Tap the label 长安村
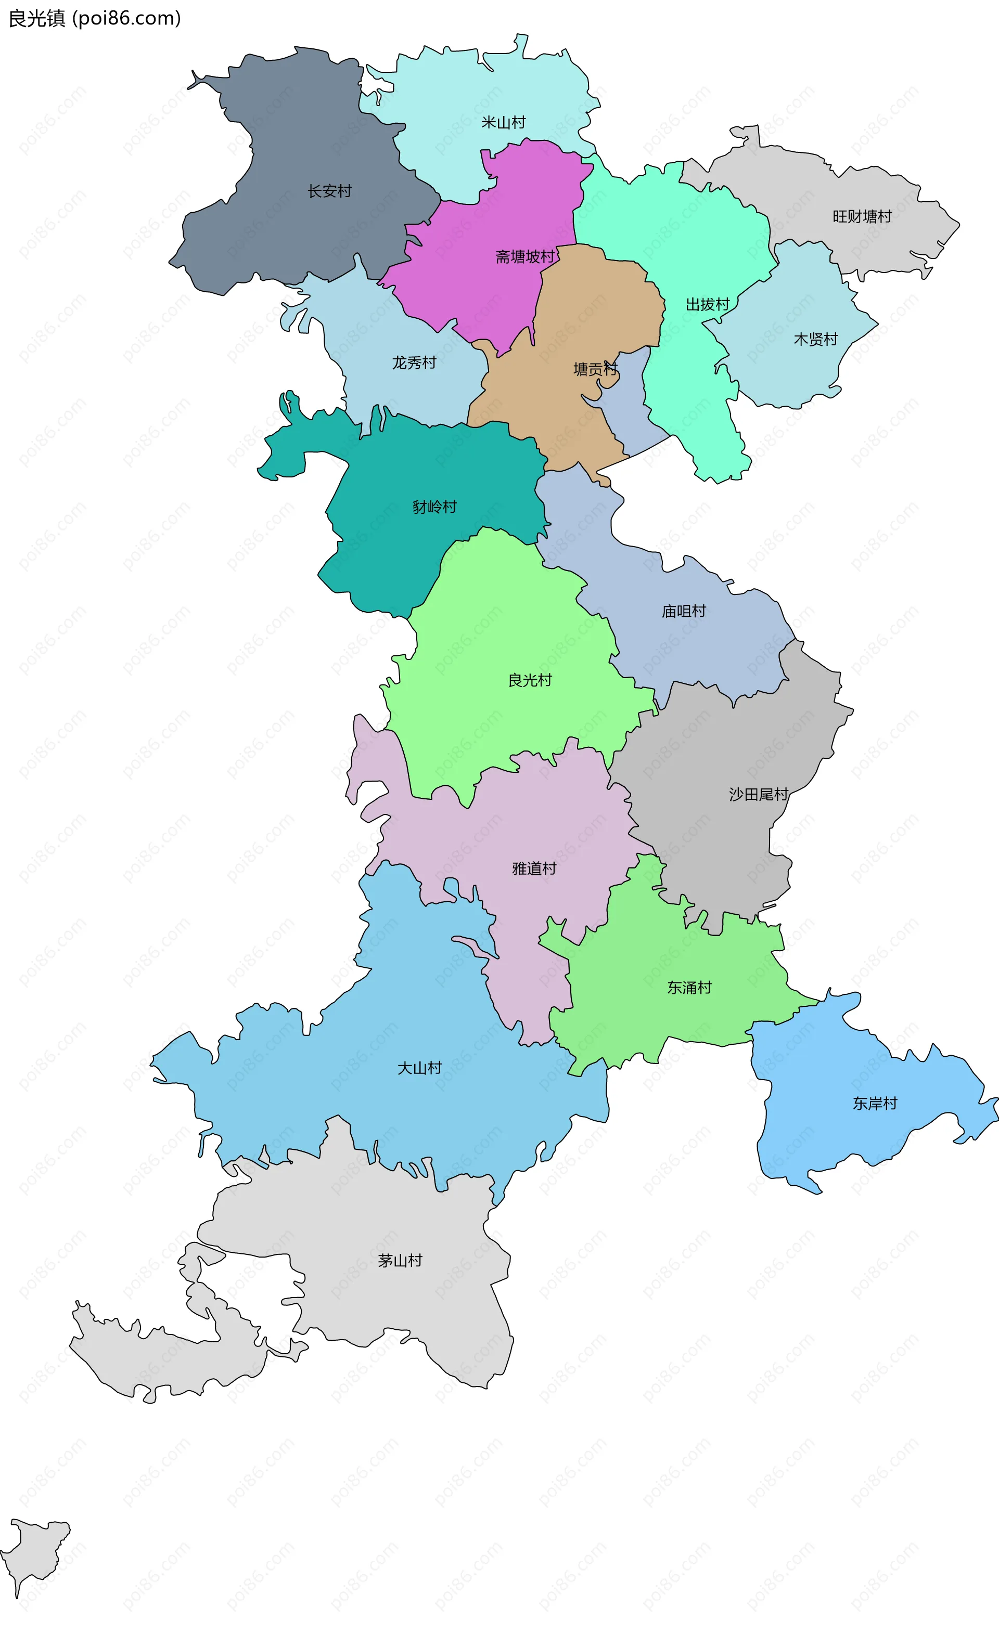[329, 191]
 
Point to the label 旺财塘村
[862, 217]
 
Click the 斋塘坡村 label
[524, 257]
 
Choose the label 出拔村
[707, 305]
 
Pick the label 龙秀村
[414, 363]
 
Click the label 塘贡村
[595, 370]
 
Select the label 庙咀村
[684, 612]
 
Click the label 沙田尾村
[759, 795]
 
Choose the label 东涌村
[689, 988]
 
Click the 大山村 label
[419, 1068]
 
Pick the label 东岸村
[874, 1104]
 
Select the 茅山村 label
[400, 1261]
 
